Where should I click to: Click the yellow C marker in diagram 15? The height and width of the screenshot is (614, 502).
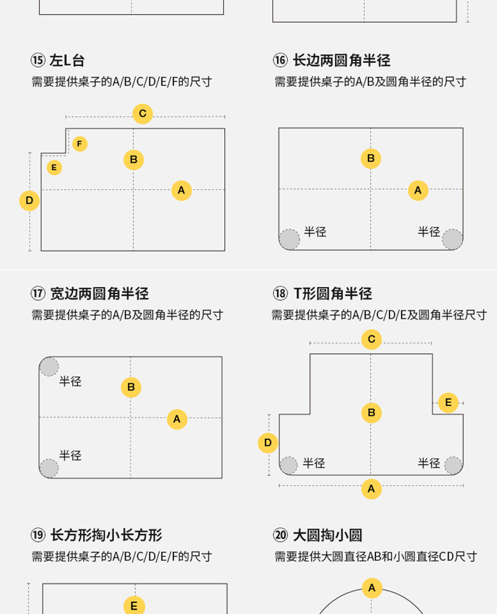pyautogui.click(x=142, y=114)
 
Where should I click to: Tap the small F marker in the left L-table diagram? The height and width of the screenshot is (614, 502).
pyautogui.click(x=79, y=144)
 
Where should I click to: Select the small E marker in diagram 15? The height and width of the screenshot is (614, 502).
pyautogui.click(x=55, y=168)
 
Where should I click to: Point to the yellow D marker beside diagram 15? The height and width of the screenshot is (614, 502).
pyautogui.click(x=29, y=201)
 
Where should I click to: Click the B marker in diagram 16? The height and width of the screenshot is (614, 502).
pyautogui.click(x=371, y=159)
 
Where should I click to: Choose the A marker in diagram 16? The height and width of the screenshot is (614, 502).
pyautogui.click(x=417, y=190)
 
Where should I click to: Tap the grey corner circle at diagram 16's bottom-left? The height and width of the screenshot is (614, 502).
pyautogui.click(x=289, y=239)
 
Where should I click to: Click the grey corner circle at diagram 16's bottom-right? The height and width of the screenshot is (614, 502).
pyautogui.click(x=452, y=239)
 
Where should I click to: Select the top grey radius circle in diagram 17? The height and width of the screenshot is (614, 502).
pyautogui.click(x=49, y=366)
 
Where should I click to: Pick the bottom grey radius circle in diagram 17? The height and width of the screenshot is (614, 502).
pyautogui.click(x=49, y=469)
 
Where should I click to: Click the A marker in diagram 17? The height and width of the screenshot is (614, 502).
pyautogui.click(x=177, y=419)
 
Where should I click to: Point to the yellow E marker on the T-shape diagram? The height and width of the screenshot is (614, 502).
pyautogui.click(x=448, y=403)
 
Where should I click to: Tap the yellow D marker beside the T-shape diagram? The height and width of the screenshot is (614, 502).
pyautogui.click(x=268, y=443)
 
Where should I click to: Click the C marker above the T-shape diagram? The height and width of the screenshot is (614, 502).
pyautogui.click(x=372, y=340)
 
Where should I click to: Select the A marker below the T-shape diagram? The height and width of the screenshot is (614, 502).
pyautogui.click(x=371, y=489)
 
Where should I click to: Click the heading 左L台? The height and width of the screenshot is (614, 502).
pyautogui.click(x=67, y=61)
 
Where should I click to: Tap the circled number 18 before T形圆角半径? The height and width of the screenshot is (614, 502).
pyautogui.click(x=280, y=293)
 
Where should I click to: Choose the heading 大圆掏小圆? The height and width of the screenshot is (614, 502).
pyautogui.click(x=327, y=535)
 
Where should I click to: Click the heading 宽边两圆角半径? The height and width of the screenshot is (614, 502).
pyautogui.click(x=99, y=293)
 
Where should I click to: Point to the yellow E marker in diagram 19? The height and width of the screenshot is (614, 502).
pyautogui.click(x=133, y=606)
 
